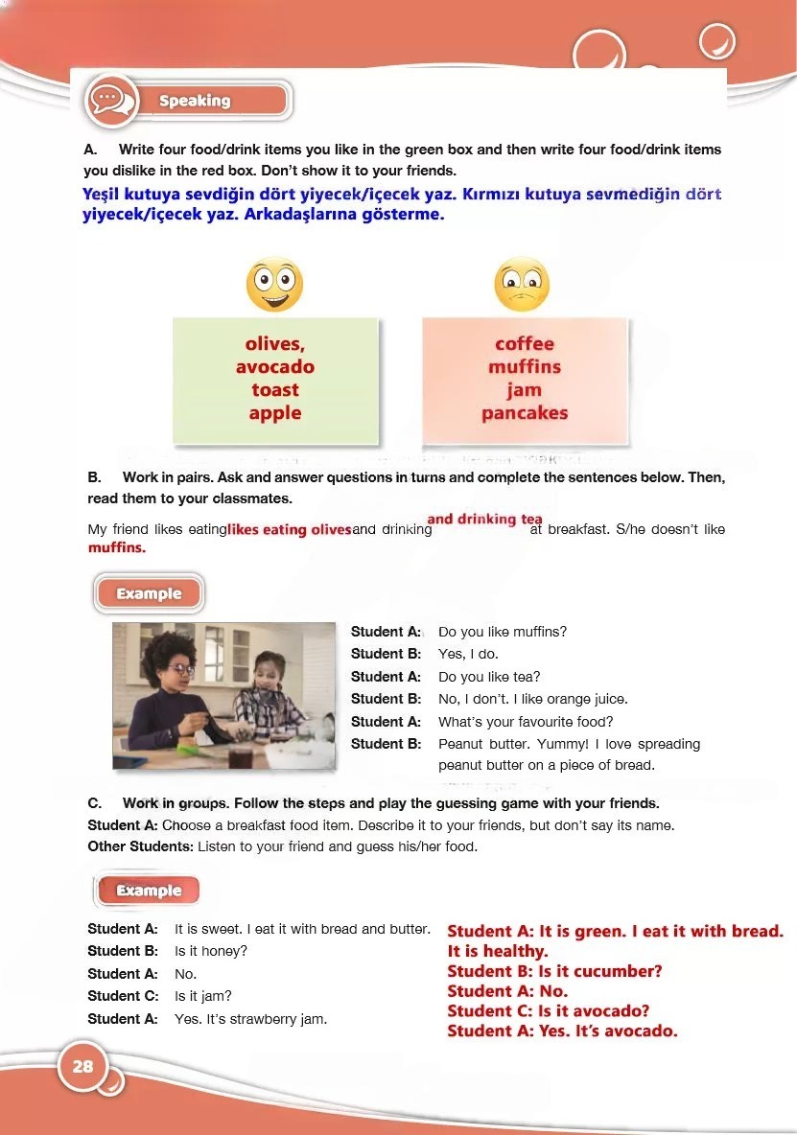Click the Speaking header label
195,101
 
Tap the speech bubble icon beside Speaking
109,100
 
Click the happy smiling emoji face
274,284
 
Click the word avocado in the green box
275,367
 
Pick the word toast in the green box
275,390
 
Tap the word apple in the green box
275,413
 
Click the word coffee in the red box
525,344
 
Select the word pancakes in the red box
525,413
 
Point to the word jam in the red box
525,390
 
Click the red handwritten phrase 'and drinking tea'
485,520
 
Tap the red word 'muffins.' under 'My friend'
117,548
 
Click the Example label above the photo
149,593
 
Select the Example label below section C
149,891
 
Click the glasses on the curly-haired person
181,668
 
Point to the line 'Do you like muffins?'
503,632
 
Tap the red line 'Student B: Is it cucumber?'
554,971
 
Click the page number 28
82,1066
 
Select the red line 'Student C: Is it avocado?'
549,1011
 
